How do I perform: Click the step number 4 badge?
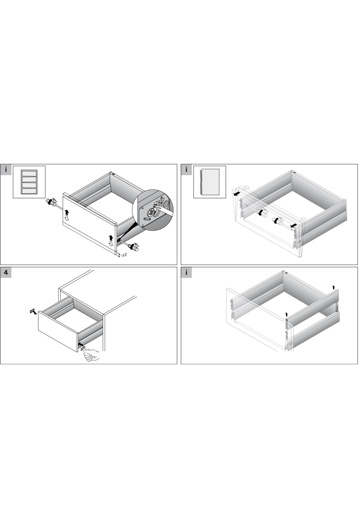(x=6, y=273)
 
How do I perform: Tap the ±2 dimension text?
(x=124, y=255)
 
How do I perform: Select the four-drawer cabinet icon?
(x=29, y=182)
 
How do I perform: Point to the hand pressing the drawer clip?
(x=92, y=355)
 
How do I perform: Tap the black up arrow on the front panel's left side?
(x=67, y=213)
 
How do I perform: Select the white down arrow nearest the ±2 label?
(x=111, y=244)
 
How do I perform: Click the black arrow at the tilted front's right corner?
(x=294, y=225)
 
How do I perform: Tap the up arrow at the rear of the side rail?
(x=334, y=287)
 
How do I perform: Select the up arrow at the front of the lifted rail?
(x=287, y=314)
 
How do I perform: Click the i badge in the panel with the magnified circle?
(x=6, y=169)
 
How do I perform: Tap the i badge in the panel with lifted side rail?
(x=186, y=273)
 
